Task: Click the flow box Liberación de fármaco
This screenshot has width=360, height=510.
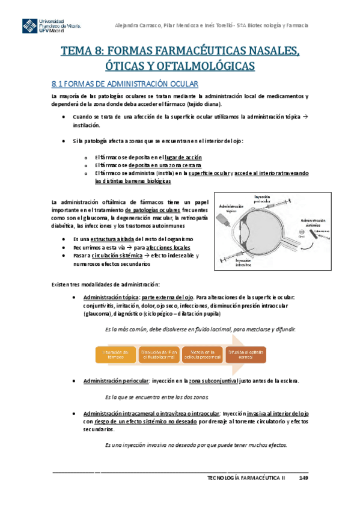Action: pos(116,354)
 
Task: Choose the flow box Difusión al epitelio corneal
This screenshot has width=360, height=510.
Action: pos(246,354)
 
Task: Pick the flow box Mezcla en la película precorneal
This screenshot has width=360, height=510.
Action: pos(203,354)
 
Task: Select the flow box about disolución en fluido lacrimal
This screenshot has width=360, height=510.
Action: pos(159,354)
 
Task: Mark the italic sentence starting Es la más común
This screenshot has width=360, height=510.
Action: pos(200,329)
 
